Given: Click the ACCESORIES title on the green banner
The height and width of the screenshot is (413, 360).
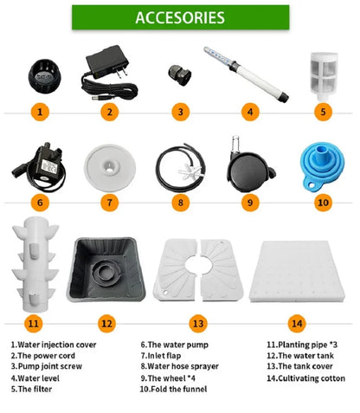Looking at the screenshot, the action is [180, 17].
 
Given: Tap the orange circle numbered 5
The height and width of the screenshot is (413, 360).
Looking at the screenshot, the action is [323, 112].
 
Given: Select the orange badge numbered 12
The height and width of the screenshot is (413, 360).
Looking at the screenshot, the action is [106, 323].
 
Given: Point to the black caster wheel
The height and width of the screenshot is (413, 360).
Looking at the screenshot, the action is [250, 171].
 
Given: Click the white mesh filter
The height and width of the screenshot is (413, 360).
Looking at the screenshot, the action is [324, 76].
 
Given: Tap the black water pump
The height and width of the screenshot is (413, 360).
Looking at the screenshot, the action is [41, 167].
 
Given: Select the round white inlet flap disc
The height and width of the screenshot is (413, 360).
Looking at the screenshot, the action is [110, 168].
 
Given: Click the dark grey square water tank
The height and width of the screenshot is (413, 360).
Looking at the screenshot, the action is [106, 270].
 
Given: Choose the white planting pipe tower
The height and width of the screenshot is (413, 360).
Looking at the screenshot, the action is [35, 264].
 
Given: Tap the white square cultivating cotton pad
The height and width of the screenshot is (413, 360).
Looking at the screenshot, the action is [297, 271].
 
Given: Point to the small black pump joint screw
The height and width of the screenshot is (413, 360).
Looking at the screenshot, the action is [180, 75].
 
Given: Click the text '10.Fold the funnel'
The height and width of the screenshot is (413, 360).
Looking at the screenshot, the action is [173, 389].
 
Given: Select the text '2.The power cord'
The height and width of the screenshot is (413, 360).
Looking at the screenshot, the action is [43, 356].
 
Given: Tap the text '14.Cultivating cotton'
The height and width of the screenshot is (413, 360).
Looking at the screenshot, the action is [305, 378].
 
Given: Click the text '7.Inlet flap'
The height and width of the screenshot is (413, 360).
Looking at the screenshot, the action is [161, 356].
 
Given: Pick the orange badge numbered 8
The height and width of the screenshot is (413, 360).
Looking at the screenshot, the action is [181, 203].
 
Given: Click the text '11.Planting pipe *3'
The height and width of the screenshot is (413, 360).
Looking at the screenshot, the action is [302, 345].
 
